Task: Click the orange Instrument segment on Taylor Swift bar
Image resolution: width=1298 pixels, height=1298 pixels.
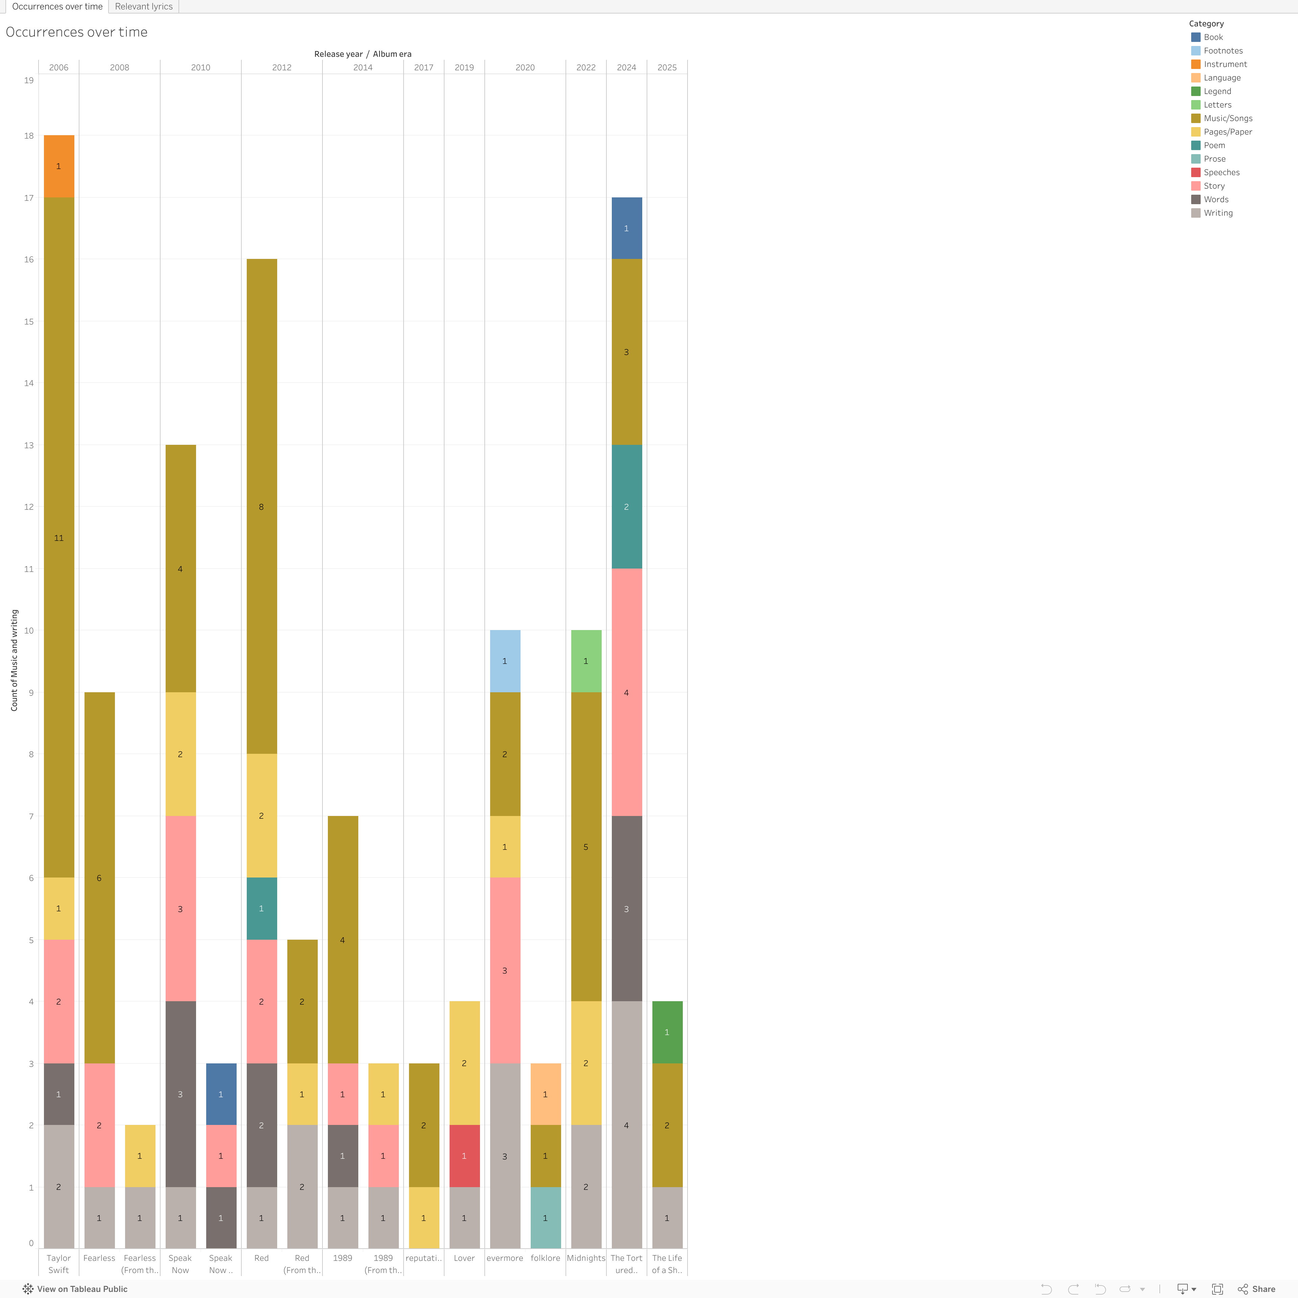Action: tap(59, 166)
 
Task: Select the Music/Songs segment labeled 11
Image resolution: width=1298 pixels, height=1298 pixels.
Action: tap(59, 537)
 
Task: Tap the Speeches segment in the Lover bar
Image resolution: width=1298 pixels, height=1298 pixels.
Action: tap(464, 1156)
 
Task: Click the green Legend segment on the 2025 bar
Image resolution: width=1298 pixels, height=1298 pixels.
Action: tap(667, 1032)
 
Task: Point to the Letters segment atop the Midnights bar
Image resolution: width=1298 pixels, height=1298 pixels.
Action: tap(586, 661)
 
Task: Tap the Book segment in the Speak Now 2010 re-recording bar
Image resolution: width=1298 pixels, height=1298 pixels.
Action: tap(221, 1094)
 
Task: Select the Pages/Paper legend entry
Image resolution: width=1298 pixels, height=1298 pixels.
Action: tap(1227, 132)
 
